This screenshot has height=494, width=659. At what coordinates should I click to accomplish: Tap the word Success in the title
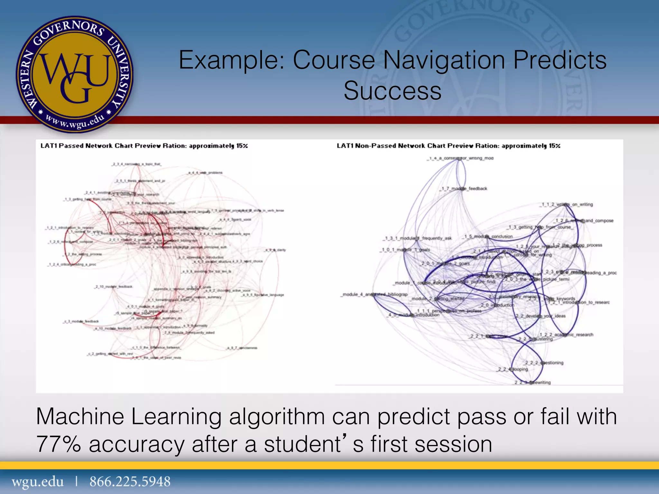pos(393,91)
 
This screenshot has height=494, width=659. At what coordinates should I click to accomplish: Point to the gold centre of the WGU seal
pos(75,76)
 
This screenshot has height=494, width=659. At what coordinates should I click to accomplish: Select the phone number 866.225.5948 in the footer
pos(130,482)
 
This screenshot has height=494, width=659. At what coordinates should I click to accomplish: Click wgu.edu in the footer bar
pos(38,482)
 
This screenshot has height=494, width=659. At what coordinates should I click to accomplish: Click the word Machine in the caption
pos(80,417)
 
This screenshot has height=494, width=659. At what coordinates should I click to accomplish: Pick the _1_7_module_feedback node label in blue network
pos(465,188)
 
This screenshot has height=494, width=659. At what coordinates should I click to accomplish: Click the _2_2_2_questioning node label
pos(544,363)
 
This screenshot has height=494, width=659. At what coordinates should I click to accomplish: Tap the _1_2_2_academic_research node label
pos(566,335)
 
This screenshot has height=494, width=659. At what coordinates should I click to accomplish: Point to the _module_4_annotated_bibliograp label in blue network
pos(375,294)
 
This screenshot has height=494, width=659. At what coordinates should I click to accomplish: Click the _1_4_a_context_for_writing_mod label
pos(461,158)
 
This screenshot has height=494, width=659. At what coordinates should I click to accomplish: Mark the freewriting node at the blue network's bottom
pos(533,382)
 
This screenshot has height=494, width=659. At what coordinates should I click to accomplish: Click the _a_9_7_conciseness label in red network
pos(242,348)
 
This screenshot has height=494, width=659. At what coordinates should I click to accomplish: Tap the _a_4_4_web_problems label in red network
pos(205,173)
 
